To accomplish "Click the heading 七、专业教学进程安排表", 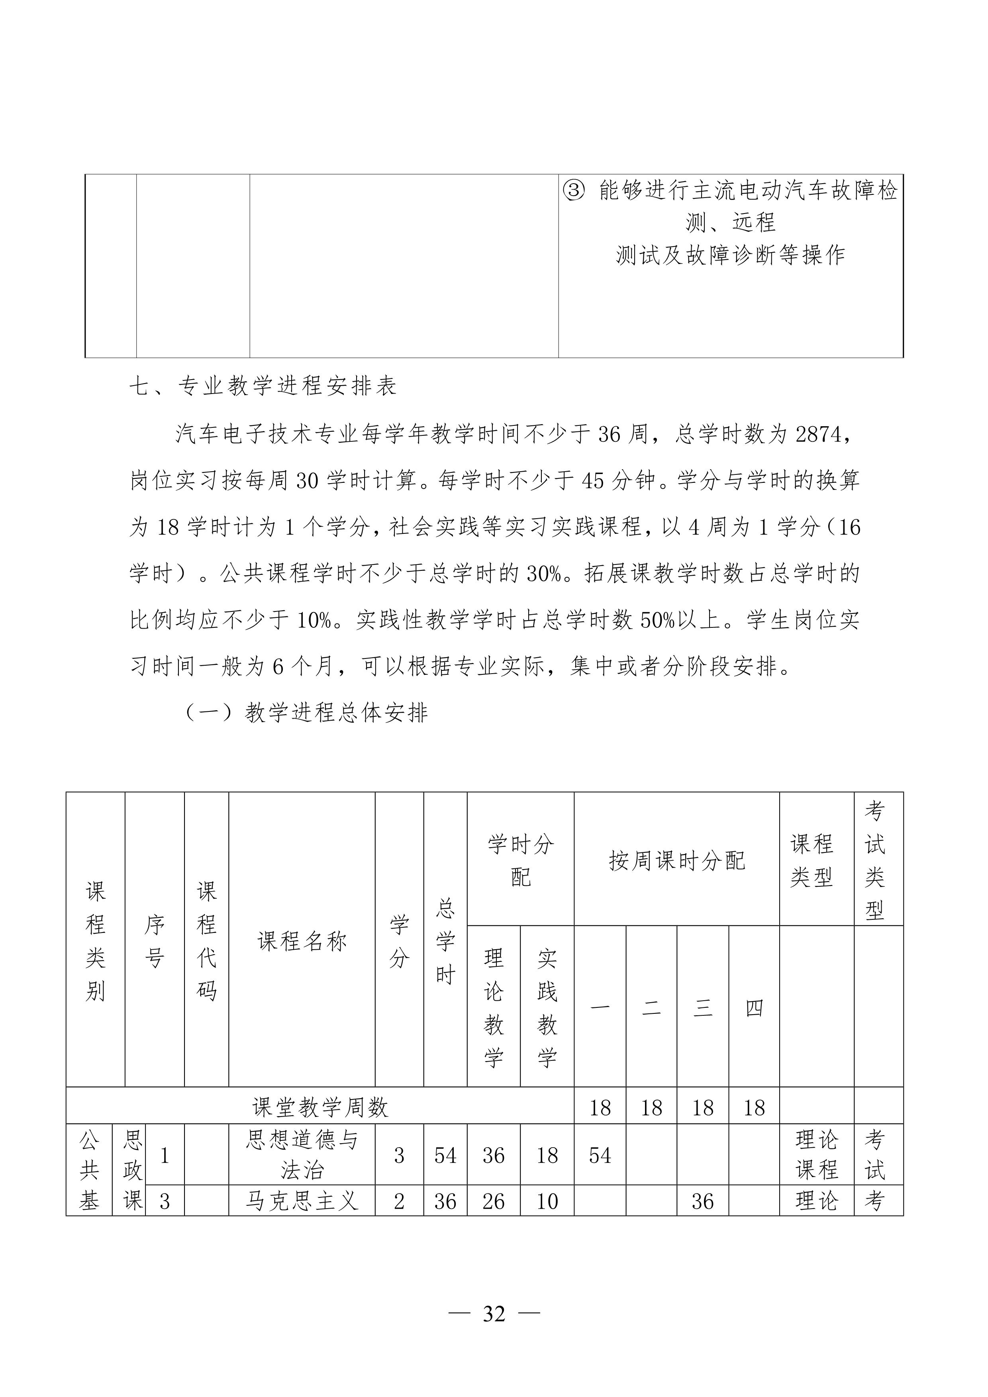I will [263, 386].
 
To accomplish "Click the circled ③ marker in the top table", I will [573, 191].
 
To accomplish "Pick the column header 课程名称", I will [302, 941].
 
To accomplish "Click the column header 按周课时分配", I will [676, 860].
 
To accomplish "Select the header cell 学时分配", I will [520, 860].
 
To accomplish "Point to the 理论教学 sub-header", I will [493, 1007].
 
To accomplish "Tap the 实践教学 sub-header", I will [547, 1007].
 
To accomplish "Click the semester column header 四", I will [754, 1008].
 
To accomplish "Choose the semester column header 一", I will [600, 1008].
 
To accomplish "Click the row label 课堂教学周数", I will [320, 1107].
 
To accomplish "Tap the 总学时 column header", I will [445, 941].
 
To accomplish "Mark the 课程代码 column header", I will [206, 941].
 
